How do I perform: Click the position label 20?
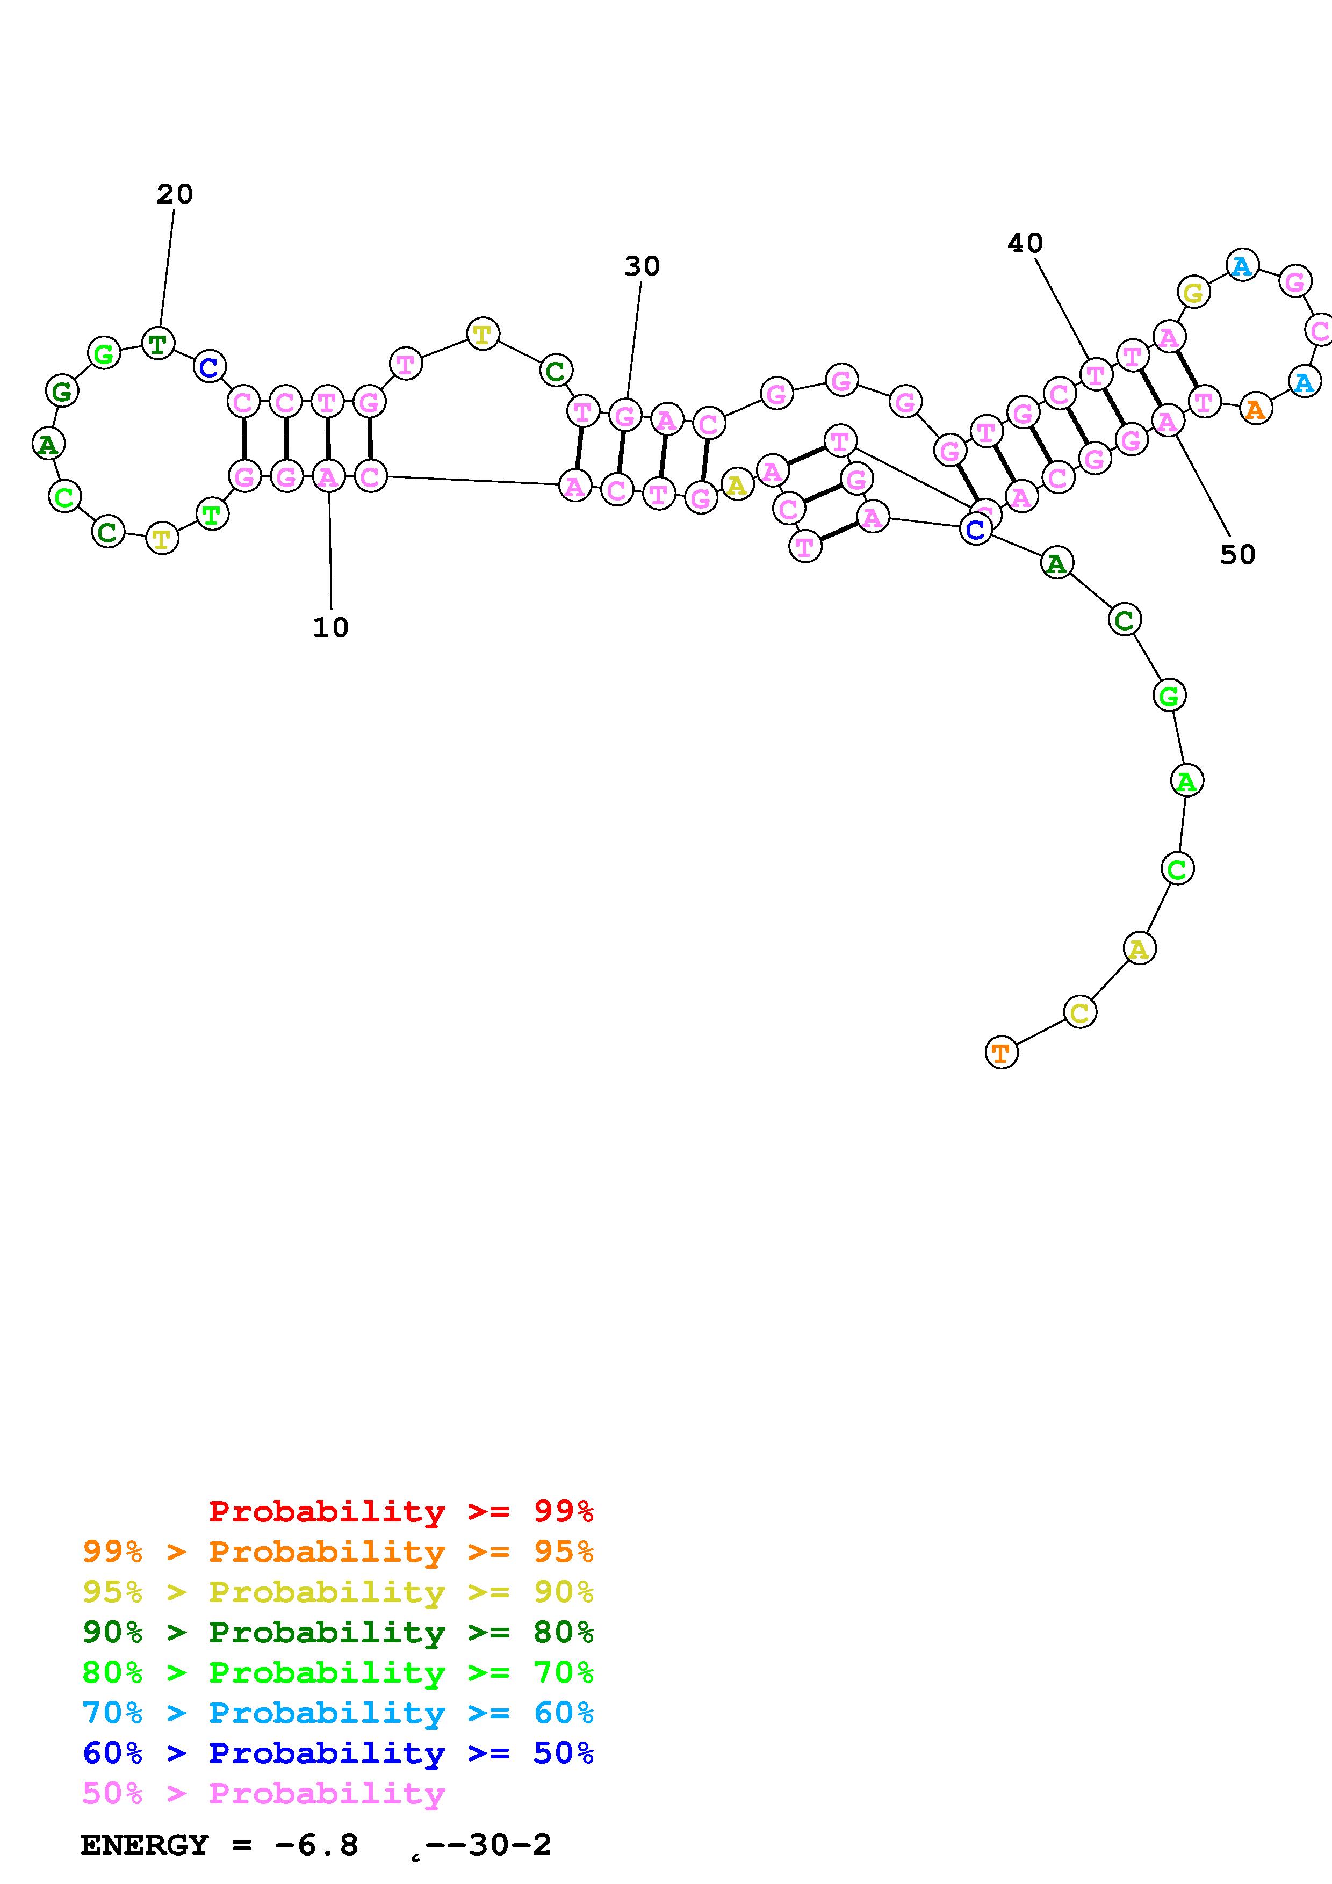(175, 194)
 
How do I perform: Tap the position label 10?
(331, 628)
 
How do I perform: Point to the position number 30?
(642, 266)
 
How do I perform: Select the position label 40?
(1025, 243)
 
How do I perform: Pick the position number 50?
(1237, 555)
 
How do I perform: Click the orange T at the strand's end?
(1000, 1052)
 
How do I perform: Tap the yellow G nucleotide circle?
(1193, 292)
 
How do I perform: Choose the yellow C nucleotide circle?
(1079, 1012)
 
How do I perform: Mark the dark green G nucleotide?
(62, 392)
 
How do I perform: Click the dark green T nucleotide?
(157, 343)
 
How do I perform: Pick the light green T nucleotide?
(212, 515)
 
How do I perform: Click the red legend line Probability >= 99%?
(400, 1511)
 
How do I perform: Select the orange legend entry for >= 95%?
(338, 1552)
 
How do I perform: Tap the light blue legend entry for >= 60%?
(338, 1713)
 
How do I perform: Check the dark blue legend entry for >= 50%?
(338, 1753)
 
